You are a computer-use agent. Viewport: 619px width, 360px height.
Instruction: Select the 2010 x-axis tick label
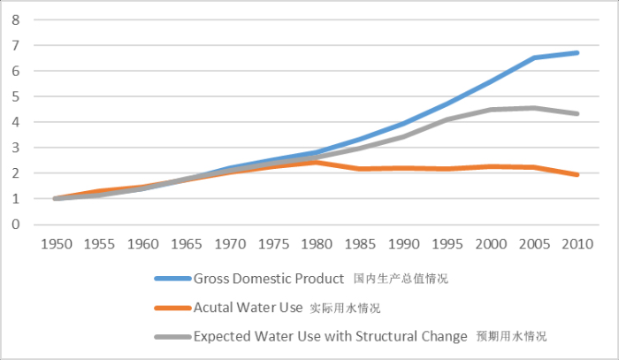pos(578,241)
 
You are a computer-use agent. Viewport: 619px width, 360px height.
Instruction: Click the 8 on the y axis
pos(16,19)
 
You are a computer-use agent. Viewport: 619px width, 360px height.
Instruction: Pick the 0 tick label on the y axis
pos(16,225)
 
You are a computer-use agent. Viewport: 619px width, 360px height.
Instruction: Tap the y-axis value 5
pos(16,96)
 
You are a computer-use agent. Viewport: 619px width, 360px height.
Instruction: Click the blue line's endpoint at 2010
pos(577,53)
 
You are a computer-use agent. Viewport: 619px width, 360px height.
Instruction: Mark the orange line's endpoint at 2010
pos(577,174)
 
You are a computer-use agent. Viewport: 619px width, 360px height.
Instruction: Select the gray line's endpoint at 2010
pos(577,113)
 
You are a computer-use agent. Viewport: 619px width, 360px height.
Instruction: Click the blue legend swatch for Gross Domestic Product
pos(172,279)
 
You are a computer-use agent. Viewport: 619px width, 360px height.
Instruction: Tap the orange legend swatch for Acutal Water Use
pos(172,308)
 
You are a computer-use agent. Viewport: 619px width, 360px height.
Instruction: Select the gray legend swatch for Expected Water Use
pos(172,336)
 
